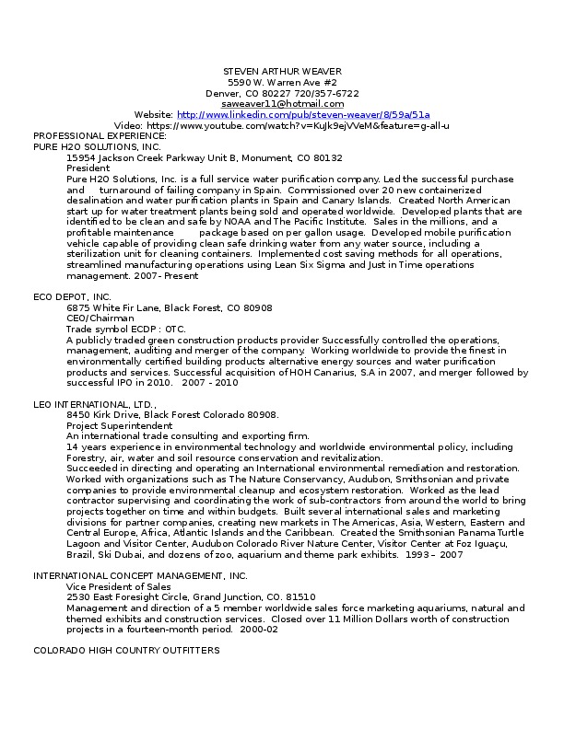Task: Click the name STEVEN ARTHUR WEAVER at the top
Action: point(282,72)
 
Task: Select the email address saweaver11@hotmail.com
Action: point(282,104)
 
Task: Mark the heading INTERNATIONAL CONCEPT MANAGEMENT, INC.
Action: point(134,575)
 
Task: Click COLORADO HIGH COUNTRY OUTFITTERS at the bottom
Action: point(126,651)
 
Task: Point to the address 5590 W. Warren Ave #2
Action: point(282,83)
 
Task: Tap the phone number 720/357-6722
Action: point(328,93)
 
